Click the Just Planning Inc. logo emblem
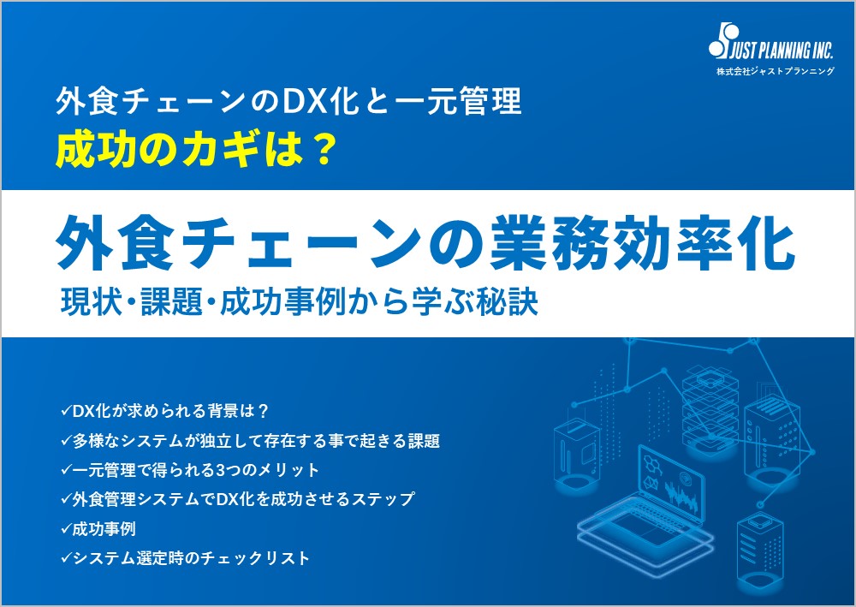point(722,40)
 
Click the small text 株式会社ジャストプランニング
point(776,71)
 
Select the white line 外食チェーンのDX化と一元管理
point(288,101)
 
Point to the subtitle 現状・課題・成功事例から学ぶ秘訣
point(299,301)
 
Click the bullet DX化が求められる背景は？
point(165,411)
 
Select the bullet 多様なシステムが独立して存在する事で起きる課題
point(251,441)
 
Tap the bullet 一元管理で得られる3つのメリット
point(190,470)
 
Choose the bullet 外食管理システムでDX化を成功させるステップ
point(237,499)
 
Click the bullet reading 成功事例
point(98,528)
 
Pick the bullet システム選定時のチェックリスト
point(185,558)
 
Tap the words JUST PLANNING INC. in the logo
point(782,51)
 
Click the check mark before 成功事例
point(66,528)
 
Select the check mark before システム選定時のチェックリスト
point(66,557)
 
